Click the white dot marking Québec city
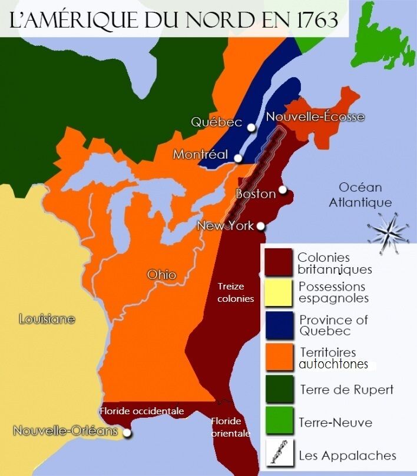[251, 127]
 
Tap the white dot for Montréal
[238, 158]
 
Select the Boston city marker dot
[283, 189]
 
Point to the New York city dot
[260, 225]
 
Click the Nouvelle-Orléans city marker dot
[126, 434]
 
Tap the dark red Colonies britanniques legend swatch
[279, 262]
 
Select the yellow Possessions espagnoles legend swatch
[279, 292]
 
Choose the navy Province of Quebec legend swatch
[279, 325]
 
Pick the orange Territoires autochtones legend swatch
[279, 358]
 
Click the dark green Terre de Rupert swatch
[279, 389]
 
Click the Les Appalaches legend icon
[279, 454]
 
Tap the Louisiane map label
[47, 319]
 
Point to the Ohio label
[161, 275]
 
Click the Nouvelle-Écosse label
[315, 116]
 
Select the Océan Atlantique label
[360, 195]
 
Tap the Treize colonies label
[235, 292]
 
